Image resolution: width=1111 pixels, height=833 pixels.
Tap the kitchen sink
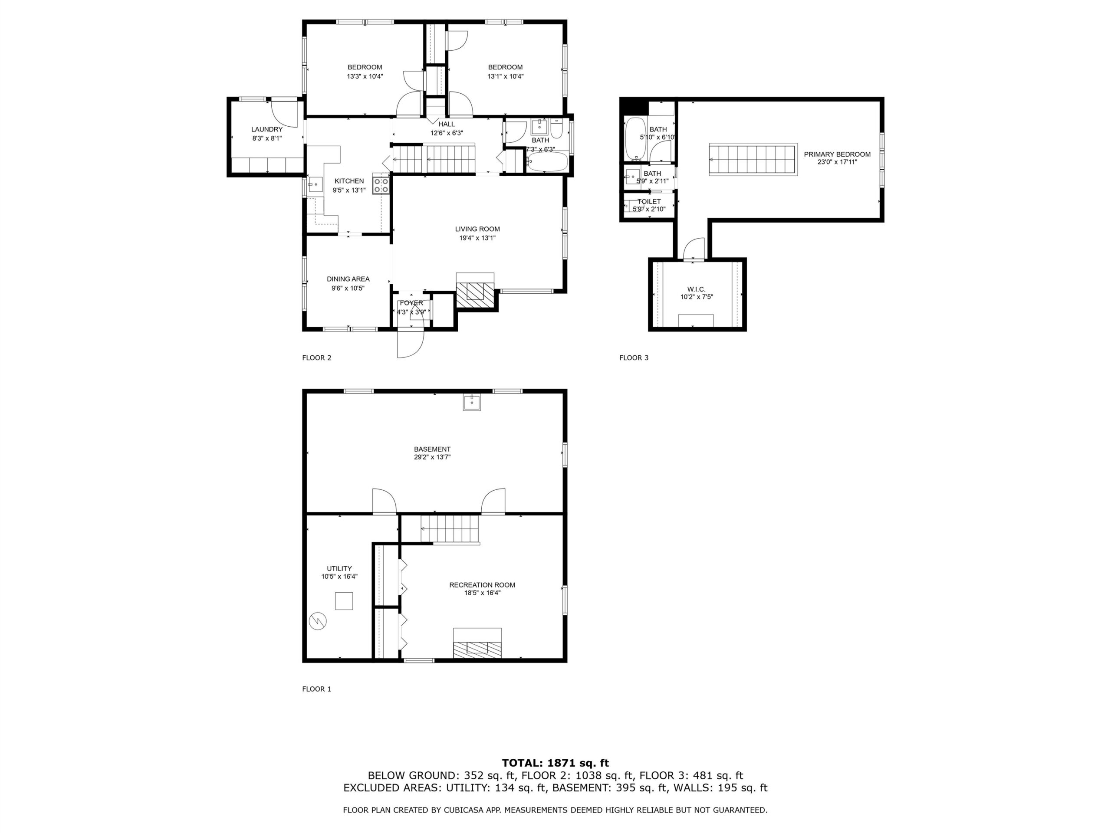[x=316, y=184]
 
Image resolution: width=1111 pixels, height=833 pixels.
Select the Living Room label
[x=477, y=229]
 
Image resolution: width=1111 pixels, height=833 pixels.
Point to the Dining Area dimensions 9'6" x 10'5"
[x=348, y=288]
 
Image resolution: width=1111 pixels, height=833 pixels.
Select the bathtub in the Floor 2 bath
[x=547, y=162]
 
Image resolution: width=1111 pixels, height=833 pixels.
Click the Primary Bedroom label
[x=837, y=154]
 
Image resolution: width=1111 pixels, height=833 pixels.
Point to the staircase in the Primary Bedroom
[x=753, y=160]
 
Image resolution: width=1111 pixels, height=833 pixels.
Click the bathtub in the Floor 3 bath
[x=636, y=138]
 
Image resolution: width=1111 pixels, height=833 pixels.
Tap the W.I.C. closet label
[x=697, y=289]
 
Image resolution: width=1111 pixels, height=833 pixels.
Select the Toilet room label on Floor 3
[x=649, y=201]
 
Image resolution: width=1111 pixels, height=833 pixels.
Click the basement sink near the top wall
[x=472, y=402]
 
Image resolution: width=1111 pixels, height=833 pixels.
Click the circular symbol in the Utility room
[x=317, y=621]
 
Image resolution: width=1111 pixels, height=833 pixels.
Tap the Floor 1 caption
[x=316, y=689]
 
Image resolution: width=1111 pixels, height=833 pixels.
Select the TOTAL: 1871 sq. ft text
[x=555, y=763]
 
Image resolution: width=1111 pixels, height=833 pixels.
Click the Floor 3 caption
[x=634, y=357]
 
